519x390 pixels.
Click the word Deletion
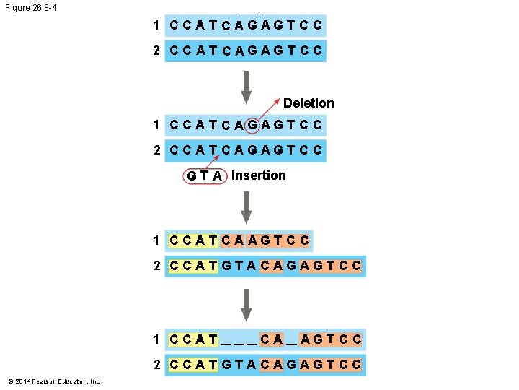309,103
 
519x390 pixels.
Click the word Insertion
258,175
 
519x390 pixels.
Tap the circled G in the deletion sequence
252,124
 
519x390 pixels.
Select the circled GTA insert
204,176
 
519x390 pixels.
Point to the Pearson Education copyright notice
55,381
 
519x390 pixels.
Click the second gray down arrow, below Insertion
246,207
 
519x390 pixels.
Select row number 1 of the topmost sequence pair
156,26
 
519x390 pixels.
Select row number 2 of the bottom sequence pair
156,365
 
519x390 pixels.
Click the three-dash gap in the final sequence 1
239,339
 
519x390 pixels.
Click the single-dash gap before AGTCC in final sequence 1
290,339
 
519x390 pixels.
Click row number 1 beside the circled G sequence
156,125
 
